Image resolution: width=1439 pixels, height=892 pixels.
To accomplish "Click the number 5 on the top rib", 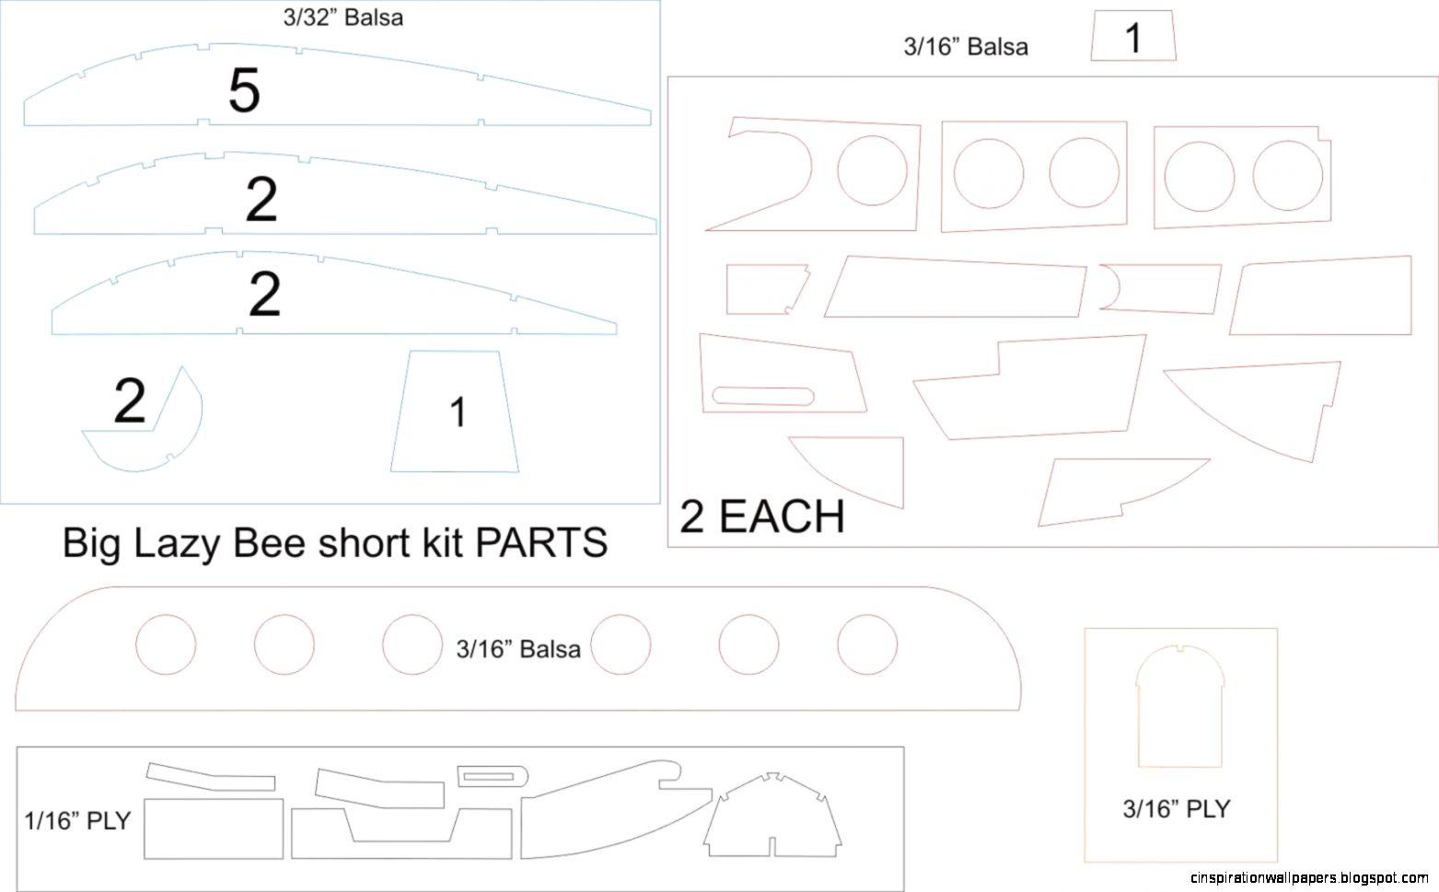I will [x=244, y=91].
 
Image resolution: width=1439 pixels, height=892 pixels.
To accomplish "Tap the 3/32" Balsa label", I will [x=342, y=17].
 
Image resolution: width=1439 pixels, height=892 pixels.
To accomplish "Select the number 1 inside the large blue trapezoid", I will [x=457, y=412].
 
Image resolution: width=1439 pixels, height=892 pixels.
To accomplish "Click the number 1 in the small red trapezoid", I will [x=1133, y=38].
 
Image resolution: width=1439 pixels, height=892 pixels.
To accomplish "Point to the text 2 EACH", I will [x=762, y=516].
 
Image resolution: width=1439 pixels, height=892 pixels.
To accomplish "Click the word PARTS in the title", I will [x=541, y=543].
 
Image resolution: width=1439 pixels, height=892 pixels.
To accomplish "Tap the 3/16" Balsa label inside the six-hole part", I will [x=518, y=649].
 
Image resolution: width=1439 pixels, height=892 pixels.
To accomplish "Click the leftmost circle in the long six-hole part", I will [x=166, y=644].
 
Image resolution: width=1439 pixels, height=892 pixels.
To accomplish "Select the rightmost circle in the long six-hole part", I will [x=867, y=644].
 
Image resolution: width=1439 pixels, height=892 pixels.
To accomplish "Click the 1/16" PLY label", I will [x=78, y=820].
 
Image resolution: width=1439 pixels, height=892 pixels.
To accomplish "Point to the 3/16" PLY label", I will [x=1177, y=808].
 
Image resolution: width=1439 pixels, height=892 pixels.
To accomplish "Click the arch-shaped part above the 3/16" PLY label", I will [x=1180, y=709].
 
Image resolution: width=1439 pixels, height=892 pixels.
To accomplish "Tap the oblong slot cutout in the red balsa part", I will [x=763, y=396].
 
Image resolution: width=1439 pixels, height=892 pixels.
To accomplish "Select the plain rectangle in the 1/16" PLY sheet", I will [x=214, y=828].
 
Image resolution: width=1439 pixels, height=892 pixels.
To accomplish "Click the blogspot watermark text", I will [x=1309, y=878].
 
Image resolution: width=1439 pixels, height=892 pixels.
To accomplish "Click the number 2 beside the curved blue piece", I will [x=129, y=401].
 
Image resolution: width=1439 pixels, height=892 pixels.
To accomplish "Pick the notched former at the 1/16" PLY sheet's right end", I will [x=772, y=817].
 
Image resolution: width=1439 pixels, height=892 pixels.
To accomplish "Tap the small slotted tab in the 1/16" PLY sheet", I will [x=493, y=776].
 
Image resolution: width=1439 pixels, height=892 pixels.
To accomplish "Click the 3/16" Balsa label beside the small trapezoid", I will [x=966, y=47].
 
